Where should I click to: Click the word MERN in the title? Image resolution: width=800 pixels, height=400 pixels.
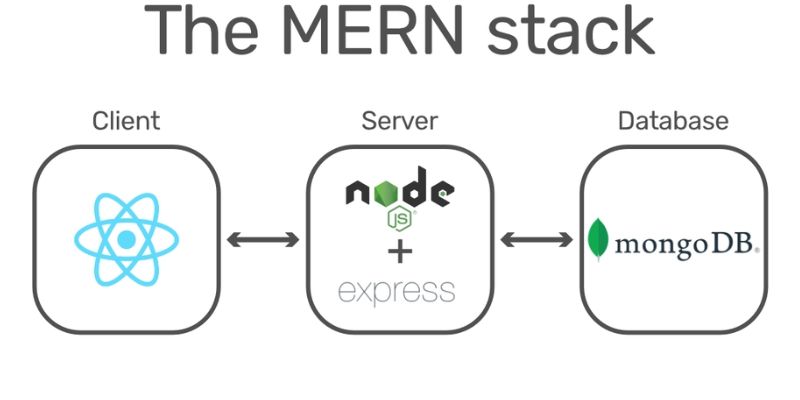click(x=372, y=29)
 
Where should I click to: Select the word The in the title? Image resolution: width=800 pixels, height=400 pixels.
click(x=201, y=29)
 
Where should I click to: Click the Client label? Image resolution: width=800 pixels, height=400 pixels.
click(x=126, y=121)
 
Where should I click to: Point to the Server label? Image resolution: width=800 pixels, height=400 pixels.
click(x=399, y=121)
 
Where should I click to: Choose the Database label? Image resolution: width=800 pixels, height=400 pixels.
click(x=673, y=121)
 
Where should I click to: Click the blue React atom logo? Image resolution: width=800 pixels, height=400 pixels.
click(x=127, y=239)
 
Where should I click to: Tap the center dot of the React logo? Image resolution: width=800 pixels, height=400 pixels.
click(x=127, y=239)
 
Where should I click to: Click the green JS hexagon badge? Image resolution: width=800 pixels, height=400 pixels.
click(x=400, y=219)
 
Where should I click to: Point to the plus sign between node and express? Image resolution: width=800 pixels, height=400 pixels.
click(x=400, y=252)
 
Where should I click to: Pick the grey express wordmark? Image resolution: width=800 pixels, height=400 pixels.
click(x=396, y=292)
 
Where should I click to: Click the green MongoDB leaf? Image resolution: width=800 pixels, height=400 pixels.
click(x=598, y=239)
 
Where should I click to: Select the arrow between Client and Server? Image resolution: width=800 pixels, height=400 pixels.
click(x=263, y=239)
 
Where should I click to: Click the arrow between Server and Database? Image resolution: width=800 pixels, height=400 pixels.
click(x=536, y=239)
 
